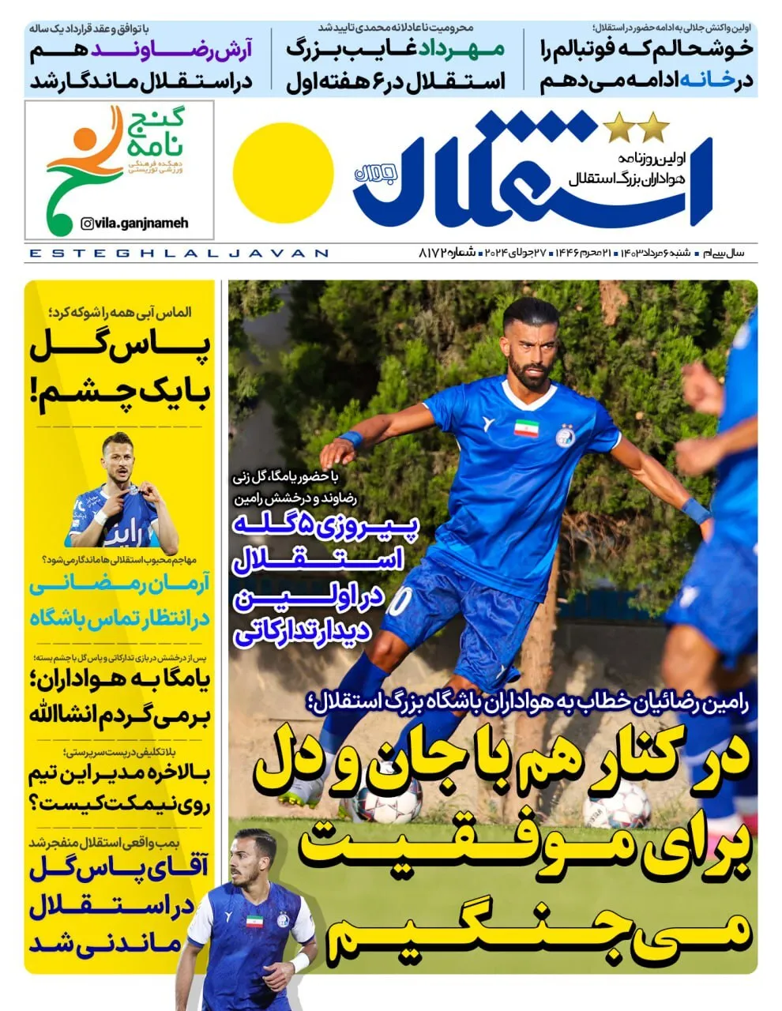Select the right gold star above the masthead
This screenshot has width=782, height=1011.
(x=653, y=125)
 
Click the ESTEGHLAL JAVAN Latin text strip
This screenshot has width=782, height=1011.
(x=178, y=253)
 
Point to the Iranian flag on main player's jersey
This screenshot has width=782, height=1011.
(x=526, y=427)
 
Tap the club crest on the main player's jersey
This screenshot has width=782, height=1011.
(x=566, y=436)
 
